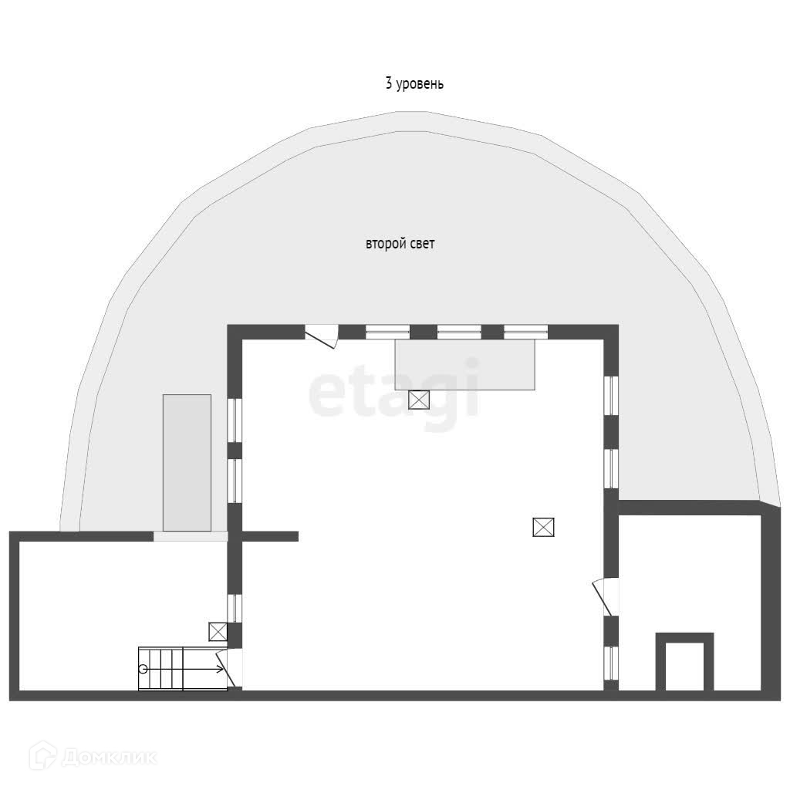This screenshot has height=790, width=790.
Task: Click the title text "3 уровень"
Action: [414, 84]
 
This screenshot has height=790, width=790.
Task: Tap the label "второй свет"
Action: [400, 245]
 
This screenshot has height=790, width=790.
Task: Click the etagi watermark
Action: [394, 394]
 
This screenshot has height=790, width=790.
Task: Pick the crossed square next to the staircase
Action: [218, 632]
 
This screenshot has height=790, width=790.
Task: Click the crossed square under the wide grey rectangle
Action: [419, 400]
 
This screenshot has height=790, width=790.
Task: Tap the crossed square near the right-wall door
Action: [543, 527]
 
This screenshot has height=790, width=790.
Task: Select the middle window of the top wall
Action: [458, 333]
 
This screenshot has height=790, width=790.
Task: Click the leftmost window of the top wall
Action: [387, 333]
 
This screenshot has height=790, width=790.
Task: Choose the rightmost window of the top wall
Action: [525, 333]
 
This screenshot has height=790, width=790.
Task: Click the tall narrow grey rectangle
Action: [187, 462]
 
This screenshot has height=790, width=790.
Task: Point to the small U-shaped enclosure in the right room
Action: [684, 662]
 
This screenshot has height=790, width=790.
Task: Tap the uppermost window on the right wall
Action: [611, 394]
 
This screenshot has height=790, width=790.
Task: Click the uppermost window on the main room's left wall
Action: [235, 419]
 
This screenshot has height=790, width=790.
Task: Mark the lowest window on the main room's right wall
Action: [611, 662]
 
